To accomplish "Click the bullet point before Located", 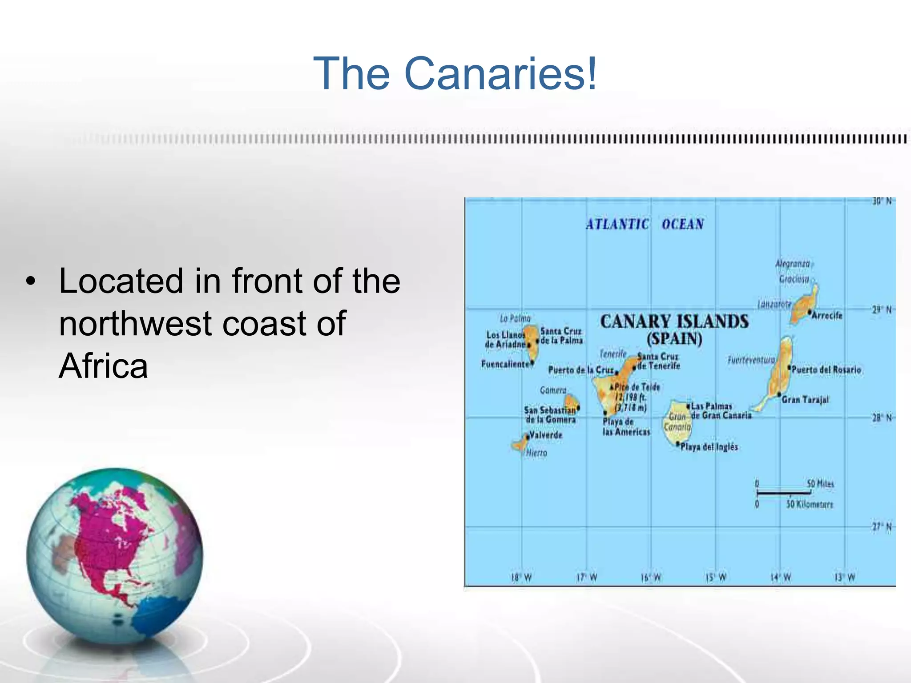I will [30, 281].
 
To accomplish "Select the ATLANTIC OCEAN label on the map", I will [645, 224].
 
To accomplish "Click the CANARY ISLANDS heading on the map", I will [674, 321].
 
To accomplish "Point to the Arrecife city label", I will [827, 315].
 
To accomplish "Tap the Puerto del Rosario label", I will [826, 370].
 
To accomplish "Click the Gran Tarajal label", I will [805, 399].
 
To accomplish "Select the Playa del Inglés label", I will [709, 447].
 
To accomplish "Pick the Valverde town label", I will [546, 435].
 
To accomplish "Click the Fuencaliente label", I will [505, 364].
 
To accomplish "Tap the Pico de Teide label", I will [637, 387].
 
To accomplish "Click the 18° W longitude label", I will [521, 578].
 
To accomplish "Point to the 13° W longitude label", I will [844, 578].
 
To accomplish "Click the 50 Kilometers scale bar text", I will [809, 504].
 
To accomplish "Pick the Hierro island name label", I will [536, 453].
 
